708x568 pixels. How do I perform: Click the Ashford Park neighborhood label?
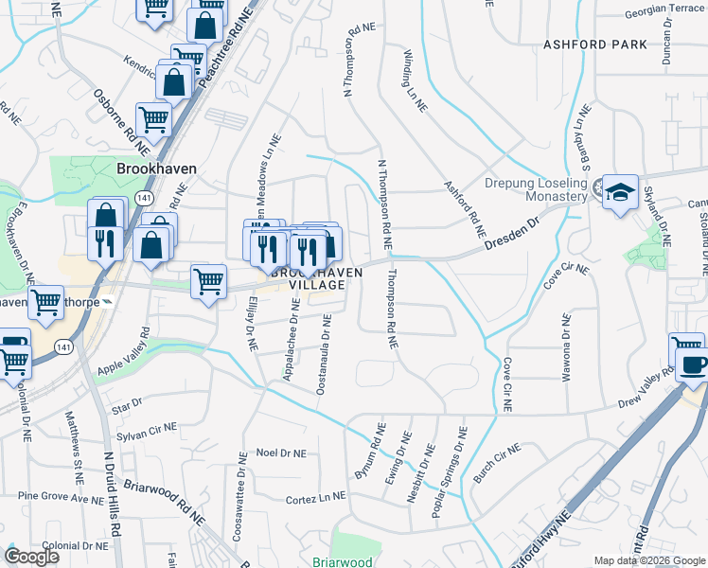point(595,44)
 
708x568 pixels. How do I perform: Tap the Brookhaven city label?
point(156,168)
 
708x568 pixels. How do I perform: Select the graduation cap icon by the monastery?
point(620,193)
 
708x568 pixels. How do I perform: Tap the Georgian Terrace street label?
point(665,11)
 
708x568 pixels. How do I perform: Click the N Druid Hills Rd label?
point(112,503)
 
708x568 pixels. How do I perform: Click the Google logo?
point(31,558)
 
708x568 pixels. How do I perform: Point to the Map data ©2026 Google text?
point(648,560)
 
